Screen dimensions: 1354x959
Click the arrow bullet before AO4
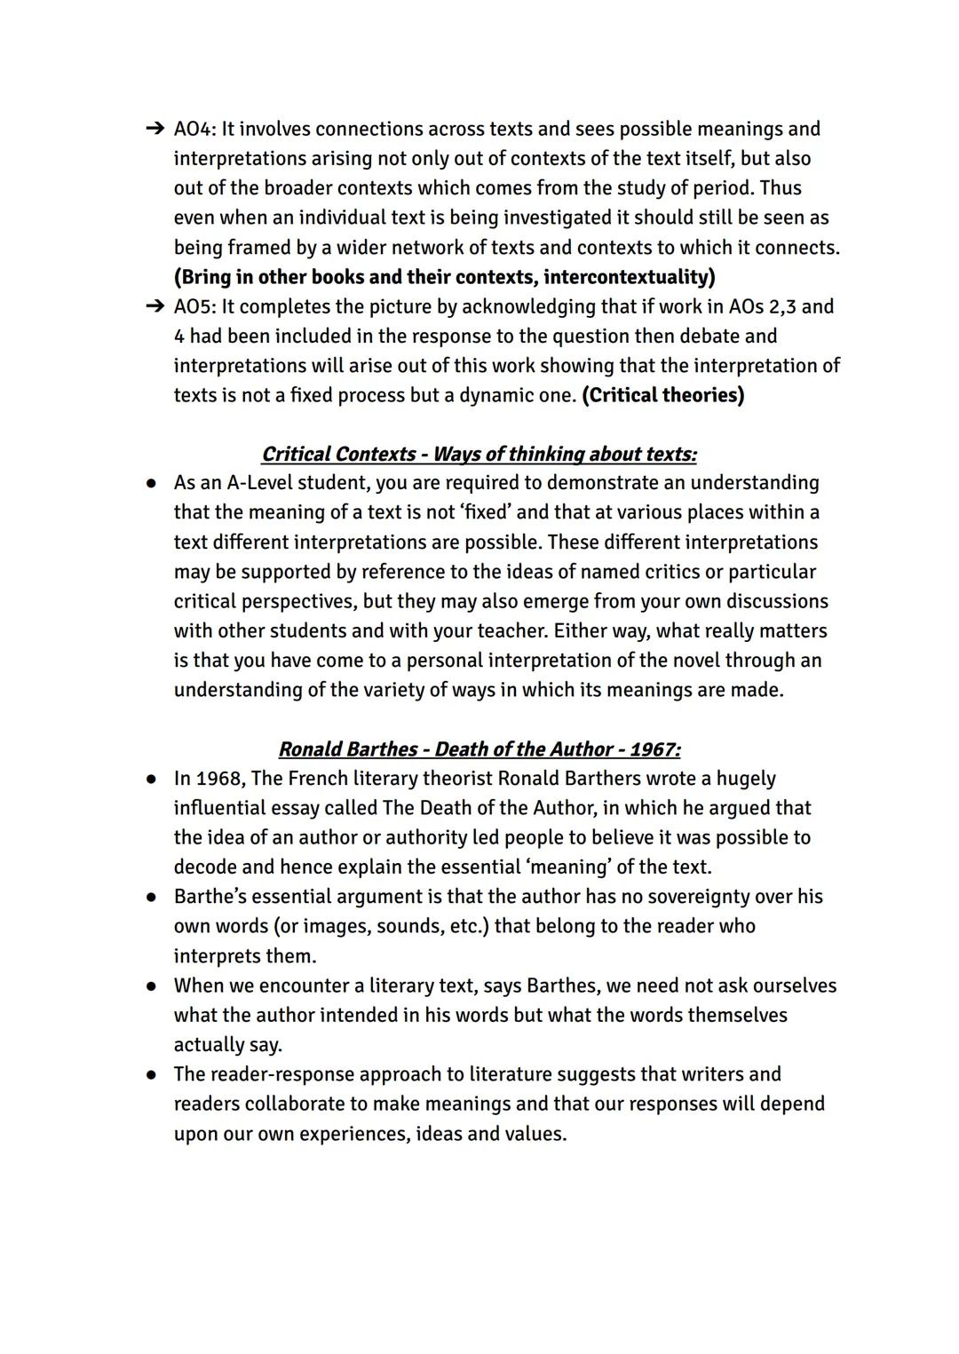[x=155, y=130]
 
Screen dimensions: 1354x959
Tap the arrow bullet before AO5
[x=155, y=307]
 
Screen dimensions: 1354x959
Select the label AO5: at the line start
[x=194, y=307]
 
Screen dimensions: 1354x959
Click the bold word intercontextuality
[x=629, y=277]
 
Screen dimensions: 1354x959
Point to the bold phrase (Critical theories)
[x=662, y=395]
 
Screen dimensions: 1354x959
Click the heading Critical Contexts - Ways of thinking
[x=479, y=455]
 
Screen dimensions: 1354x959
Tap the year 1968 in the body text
[x=218, y=779]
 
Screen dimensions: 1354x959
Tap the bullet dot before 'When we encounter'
[x=153, y=986]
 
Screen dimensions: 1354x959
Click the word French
[x=317, y=779]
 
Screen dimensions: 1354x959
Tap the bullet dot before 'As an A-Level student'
[x=153, y=484]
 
